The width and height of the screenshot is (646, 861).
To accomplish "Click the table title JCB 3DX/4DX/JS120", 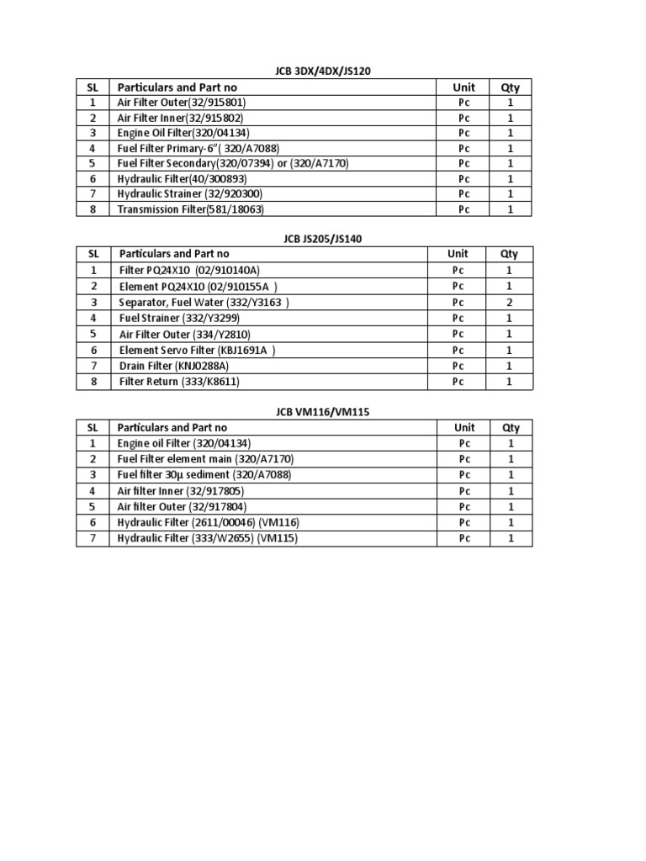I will click(323, 71).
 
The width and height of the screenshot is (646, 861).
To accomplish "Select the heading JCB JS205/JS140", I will click(322, 238).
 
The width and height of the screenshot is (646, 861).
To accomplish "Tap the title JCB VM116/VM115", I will click(322, 412).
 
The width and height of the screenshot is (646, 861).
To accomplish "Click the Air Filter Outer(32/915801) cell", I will click(182, 103).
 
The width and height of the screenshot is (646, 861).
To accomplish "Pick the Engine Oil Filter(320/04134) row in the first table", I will click(183, 133).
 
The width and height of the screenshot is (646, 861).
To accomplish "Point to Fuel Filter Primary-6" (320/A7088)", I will click(198, 148).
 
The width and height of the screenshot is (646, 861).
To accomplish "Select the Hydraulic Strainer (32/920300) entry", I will click(190, 194).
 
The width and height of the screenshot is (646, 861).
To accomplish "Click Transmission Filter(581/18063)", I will click(196, 209).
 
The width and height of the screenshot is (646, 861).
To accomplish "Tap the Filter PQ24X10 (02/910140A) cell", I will click(190, 270).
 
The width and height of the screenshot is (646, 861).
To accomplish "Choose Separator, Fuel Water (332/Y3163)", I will click(204, 302).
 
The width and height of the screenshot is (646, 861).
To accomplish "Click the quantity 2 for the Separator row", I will click(509, 302).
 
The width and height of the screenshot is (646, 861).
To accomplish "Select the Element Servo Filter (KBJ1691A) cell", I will click(198, 350).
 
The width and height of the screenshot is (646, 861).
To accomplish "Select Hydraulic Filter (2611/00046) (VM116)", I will click(208, 522).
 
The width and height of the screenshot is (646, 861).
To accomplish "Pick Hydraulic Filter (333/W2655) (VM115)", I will click(208, 538).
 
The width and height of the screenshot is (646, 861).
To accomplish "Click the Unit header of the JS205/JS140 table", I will click(458, 253).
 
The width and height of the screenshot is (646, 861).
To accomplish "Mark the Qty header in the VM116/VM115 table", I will click(511, 427).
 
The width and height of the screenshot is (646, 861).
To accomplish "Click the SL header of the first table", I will click(93, 87).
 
